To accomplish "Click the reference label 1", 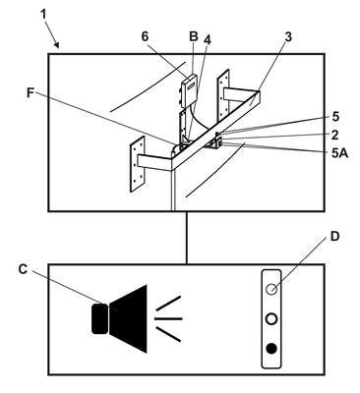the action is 44,15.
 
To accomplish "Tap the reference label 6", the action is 146,36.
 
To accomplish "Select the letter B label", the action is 194,36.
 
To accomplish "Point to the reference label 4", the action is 208,39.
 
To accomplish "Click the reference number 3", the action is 288,37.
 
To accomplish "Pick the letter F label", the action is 30,93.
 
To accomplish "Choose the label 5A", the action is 339,153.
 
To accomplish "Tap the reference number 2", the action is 334,135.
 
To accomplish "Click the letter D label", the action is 334,237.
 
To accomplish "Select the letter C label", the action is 23,269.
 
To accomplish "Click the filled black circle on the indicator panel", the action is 271,349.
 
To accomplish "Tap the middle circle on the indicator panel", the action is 271,319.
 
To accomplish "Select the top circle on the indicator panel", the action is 271,289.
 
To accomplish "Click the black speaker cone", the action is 129,318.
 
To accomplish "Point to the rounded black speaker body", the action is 99,318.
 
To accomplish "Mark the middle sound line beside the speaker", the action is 168,318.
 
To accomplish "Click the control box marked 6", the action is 189,90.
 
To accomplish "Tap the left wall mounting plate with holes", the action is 138,164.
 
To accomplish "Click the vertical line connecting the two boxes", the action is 187,238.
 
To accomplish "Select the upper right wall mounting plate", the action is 224,95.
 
